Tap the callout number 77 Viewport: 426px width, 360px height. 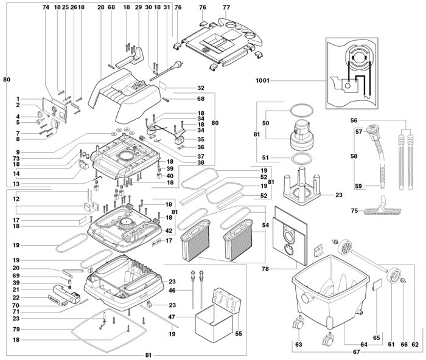tap(226, 7)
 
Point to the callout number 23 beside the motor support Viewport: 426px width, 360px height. tap(339, 195)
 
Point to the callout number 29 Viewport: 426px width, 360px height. tap(138, 7)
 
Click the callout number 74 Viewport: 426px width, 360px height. tap(45, 7)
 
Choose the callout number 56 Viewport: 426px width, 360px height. tap(352, 120)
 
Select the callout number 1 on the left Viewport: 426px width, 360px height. tap(18, 99)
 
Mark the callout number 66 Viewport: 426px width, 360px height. tap(403, 345)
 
